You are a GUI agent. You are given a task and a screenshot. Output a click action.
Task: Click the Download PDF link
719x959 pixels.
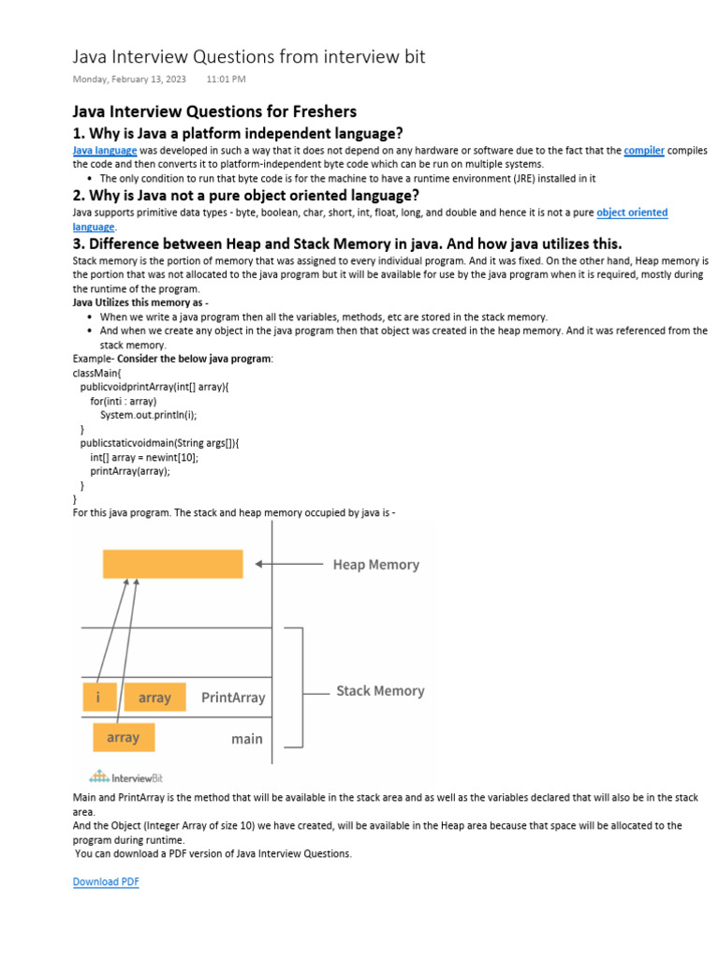pyautogui.click(x=106, y=881)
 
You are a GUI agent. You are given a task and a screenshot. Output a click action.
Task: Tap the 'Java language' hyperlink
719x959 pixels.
pyautogui.click(x=105, y=150)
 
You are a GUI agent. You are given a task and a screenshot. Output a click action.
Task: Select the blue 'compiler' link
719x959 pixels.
pyautogui.click(x=644, y=150)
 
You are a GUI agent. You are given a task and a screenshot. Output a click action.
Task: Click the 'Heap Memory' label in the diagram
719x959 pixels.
pyautogui.click(x=376, y=565)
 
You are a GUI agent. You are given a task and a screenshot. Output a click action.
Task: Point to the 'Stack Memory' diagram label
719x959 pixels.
pyautogui.click(x=380, y=691)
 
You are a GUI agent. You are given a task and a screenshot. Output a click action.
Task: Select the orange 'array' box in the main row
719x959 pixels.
pyautogui.click(x=124, y=737)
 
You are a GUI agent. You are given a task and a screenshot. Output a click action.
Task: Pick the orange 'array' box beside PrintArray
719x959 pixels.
pyautogui.click(x=154, y=697)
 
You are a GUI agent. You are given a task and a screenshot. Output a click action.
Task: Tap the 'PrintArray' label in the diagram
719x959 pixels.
pyautogui.click(x=233, y=698)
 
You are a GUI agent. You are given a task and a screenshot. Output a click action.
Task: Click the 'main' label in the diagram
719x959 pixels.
pyautogui.click(x=247, y=739)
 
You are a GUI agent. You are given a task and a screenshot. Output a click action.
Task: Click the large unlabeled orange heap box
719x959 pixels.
pyautogui.click(x=173, y=564)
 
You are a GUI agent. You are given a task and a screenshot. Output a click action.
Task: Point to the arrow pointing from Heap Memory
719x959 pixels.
pyautogui.click(x=289, y=564)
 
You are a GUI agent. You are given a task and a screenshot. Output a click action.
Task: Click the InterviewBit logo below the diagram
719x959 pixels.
pyautogui.click(x=125, y=776)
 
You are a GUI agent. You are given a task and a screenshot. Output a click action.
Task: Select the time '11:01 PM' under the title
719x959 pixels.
pyautogui.click(x=226, y=80)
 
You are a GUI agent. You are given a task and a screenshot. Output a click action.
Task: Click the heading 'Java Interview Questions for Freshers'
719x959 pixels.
pyautogui.click(x=214, y=111)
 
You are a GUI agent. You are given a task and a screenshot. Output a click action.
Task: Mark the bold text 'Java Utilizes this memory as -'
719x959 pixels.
pyautogui.click(x=140, y=302)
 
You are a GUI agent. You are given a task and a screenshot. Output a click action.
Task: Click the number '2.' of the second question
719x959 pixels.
pyautogui.click(x=80, y=195)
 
